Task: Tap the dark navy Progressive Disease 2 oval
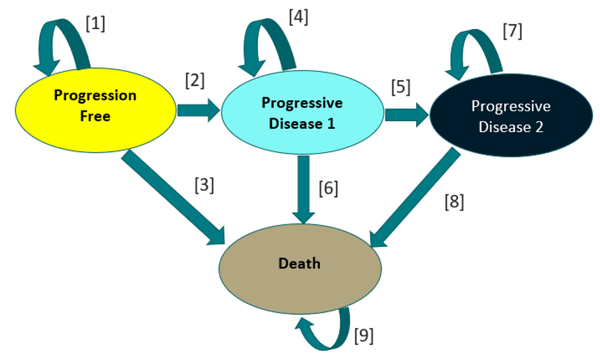tap(510, 116)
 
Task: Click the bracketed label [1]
tap(96, 24)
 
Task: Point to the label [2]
tap(194, 80)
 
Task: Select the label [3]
tap(204, 186)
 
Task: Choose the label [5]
tap(400, 89)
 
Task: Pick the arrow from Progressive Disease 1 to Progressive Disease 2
tap(406, 115)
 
